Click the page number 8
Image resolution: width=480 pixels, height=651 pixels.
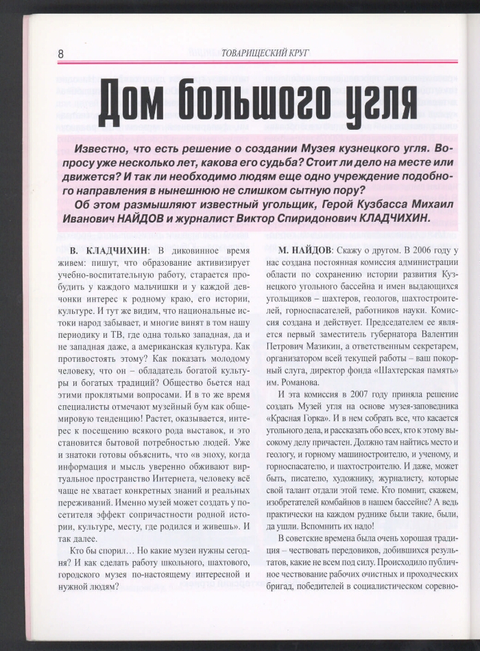pyautogui.click(x=61, y=54)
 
